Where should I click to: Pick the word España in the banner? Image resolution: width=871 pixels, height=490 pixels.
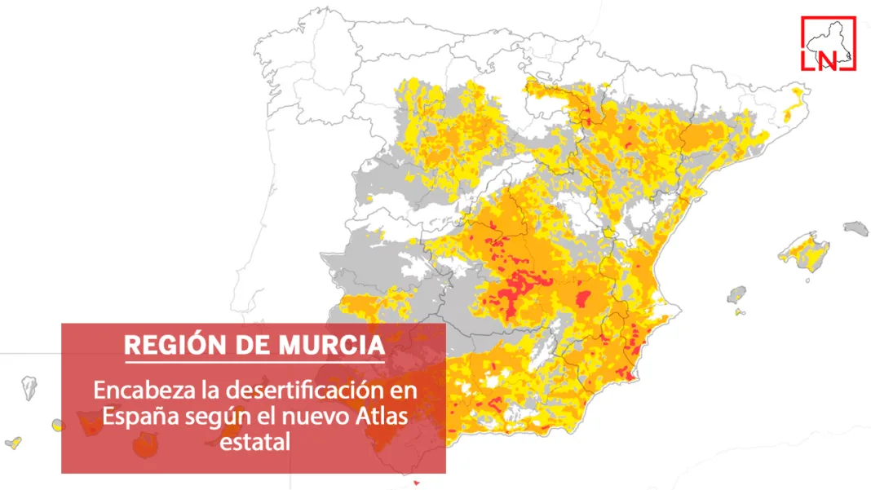click(x=134, y=417)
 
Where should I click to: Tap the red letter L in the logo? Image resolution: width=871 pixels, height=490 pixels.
click(x=811, y=61)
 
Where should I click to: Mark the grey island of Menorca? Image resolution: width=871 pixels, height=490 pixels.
click(x=856, y=227)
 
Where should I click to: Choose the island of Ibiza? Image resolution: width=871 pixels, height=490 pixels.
click(x=738, y=294)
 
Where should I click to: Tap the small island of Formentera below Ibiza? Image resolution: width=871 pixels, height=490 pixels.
click(x=739, y=311)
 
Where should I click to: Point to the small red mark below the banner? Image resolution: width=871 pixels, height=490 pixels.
click(x=416, y=483)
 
